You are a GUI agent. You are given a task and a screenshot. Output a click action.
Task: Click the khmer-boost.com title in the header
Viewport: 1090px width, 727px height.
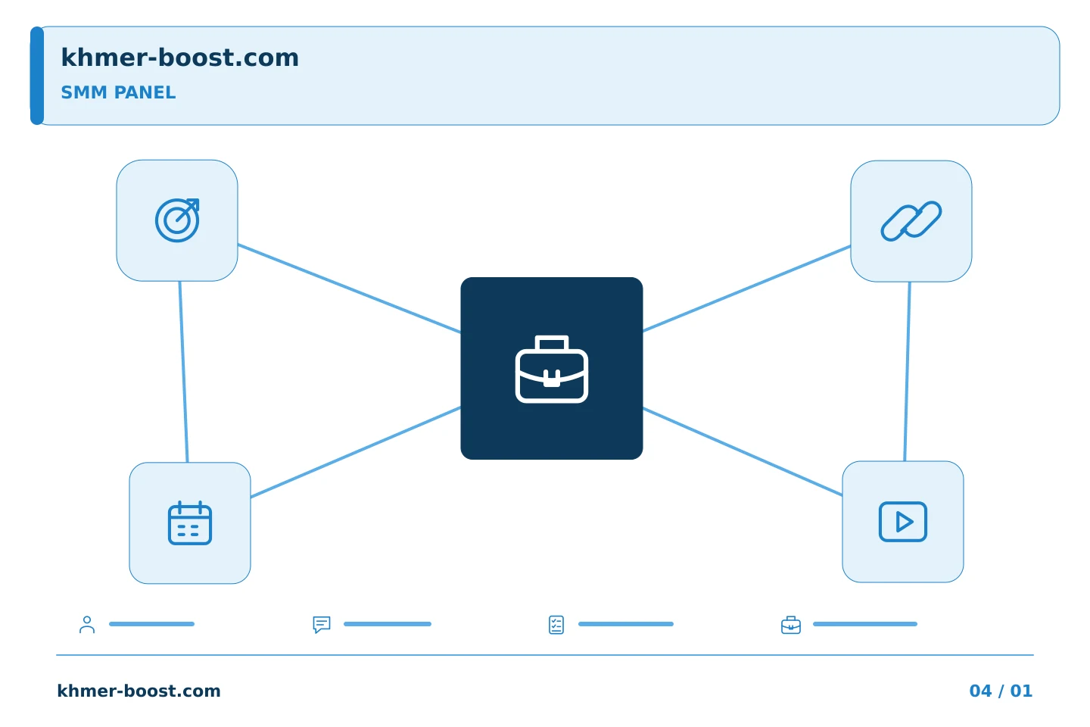[x=179, y=58]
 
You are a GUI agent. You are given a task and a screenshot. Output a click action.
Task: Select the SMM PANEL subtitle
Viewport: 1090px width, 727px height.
[x=118, y=92]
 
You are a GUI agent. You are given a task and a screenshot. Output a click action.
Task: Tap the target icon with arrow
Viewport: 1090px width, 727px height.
[x=177, y=220]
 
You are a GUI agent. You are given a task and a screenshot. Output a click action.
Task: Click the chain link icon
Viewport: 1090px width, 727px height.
[x=911, y=221]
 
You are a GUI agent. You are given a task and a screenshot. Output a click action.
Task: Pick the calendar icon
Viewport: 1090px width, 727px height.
[x=190, y=523]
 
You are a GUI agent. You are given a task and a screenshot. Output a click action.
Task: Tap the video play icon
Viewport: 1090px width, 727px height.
[x=902, y=522]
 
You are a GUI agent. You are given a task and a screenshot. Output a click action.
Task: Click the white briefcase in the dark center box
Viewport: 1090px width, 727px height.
[x=551, y=369]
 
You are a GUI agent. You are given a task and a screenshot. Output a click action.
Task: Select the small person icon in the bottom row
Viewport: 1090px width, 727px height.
[x=87, y=624]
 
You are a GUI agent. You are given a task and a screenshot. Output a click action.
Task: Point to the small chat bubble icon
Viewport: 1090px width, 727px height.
[x=322, y=624]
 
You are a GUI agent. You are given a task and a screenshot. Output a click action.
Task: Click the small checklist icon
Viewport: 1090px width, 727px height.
[x=556, y=625]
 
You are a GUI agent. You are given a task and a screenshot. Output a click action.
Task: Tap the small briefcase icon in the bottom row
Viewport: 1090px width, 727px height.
[x=791, y=626]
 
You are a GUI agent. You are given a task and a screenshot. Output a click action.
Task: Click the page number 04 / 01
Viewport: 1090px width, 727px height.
[x=1001, y=691]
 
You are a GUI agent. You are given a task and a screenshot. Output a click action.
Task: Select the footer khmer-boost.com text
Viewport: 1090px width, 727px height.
[x=139, y=691]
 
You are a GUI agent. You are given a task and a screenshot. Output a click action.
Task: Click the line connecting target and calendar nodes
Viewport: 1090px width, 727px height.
[x=183, y=372]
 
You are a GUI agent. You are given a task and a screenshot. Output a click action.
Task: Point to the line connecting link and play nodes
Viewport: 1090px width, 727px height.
[x=907, y=372]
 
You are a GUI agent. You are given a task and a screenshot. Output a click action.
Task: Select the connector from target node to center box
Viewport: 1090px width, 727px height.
[x=349, y=289]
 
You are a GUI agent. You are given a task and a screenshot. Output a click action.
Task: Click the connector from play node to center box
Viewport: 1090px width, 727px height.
[x=743, y=452]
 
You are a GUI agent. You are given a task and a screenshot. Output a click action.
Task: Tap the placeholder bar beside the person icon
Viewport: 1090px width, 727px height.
[x=152, y=624]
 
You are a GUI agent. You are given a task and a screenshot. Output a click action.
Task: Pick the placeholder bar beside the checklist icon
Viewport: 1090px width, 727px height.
[x=626, y=624]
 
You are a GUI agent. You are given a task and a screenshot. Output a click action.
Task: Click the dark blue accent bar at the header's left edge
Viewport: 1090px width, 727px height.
[x=37, y=76]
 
